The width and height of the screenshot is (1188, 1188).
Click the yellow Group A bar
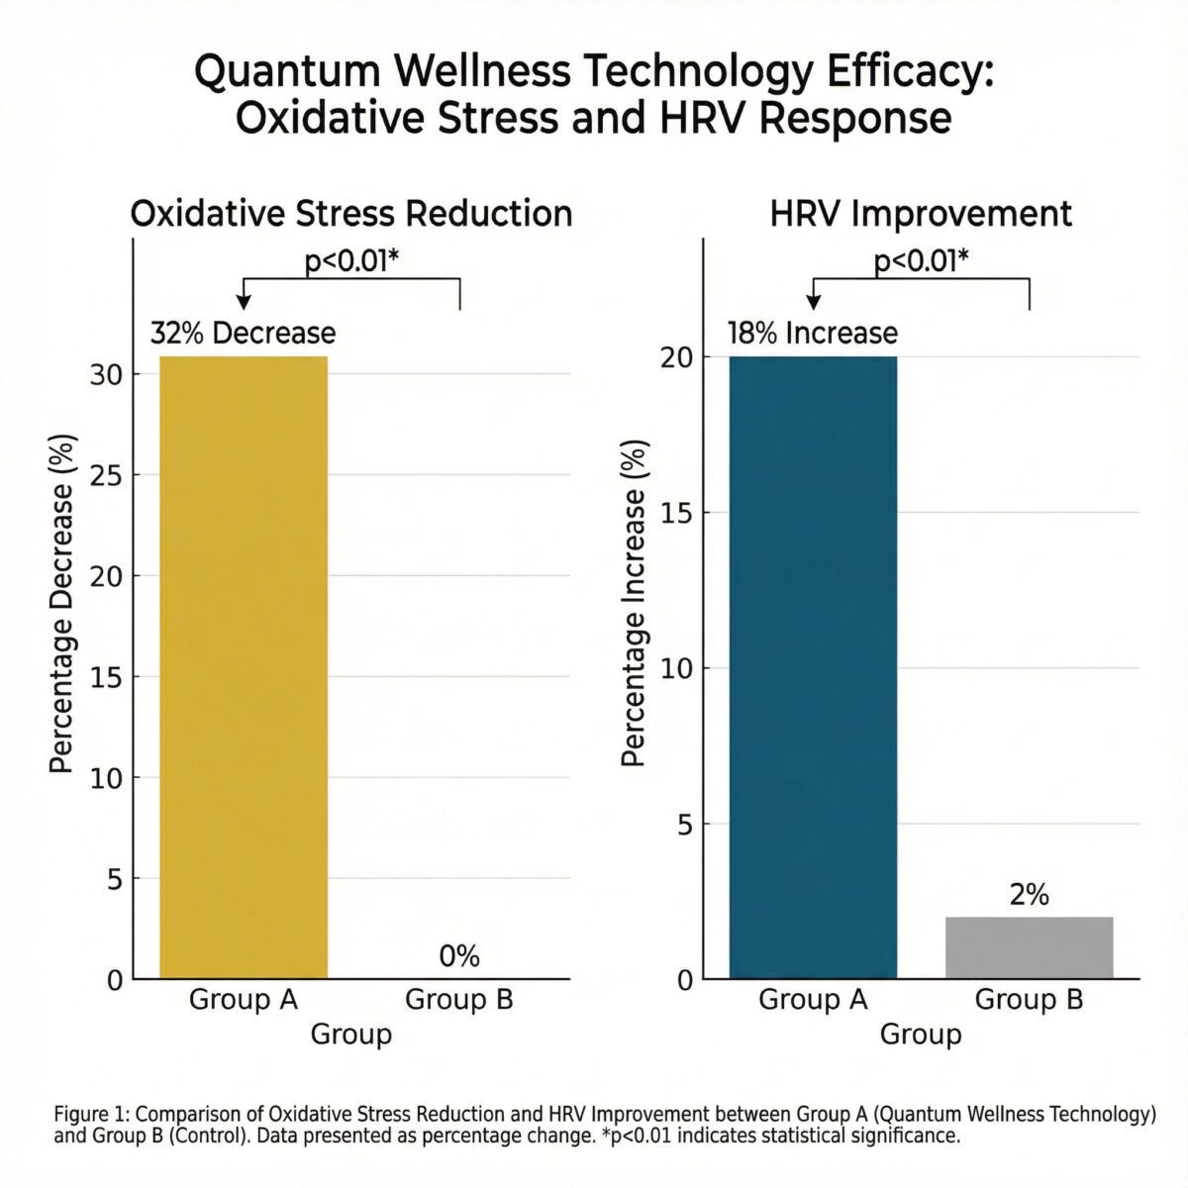click(244, 668)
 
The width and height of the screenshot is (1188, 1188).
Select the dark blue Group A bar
click(813, 668)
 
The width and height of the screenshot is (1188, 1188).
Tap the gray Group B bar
click(1029, 947)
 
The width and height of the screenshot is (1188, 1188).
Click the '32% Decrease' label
click(243, 333)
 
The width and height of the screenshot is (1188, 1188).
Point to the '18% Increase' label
click(812, 333)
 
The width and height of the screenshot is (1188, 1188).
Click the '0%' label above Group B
click(458, 956)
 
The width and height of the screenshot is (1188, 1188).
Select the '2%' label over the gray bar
click(1029, 895)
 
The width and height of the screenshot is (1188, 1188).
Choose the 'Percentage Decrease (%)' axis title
click(61, 604)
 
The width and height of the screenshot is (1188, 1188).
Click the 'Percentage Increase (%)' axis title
click(634, 604)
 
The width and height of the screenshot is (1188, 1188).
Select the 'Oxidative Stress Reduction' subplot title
click(351, 214)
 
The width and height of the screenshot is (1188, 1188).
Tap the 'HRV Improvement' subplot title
click(921, 214)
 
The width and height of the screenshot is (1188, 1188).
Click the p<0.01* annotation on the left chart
click(351, 262)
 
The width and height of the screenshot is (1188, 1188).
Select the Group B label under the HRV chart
click(1029, 1000)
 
